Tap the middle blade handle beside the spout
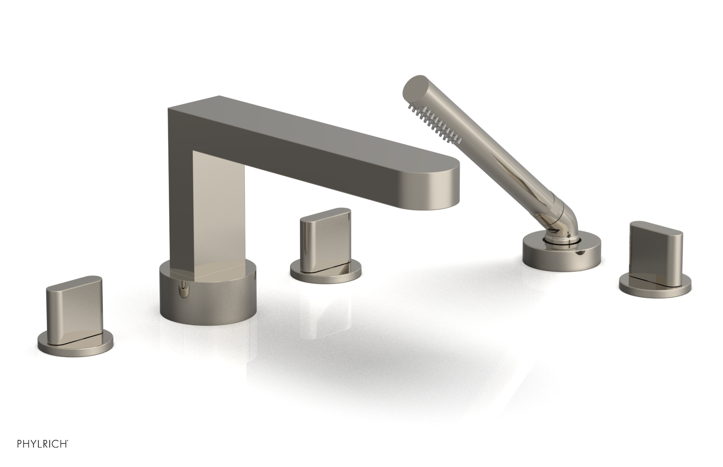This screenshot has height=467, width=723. (324, 238)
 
